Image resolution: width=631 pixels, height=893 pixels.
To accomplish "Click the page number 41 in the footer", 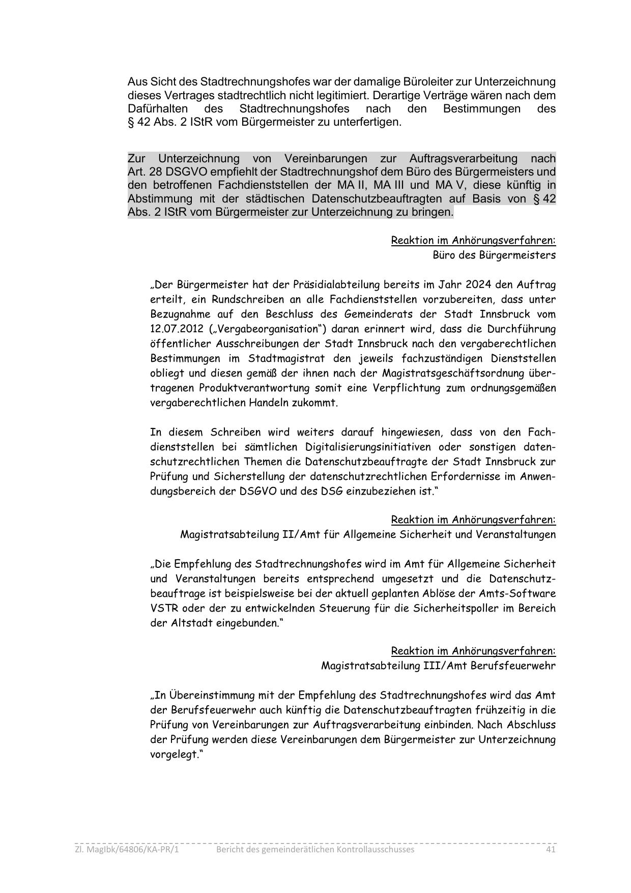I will click(550, 849).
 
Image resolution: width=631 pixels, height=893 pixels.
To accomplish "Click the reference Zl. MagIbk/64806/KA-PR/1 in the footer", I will click(127, 849).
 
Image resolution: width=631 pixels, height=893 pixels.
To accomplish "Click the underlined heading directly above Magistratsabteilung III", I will click(473, 651).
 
